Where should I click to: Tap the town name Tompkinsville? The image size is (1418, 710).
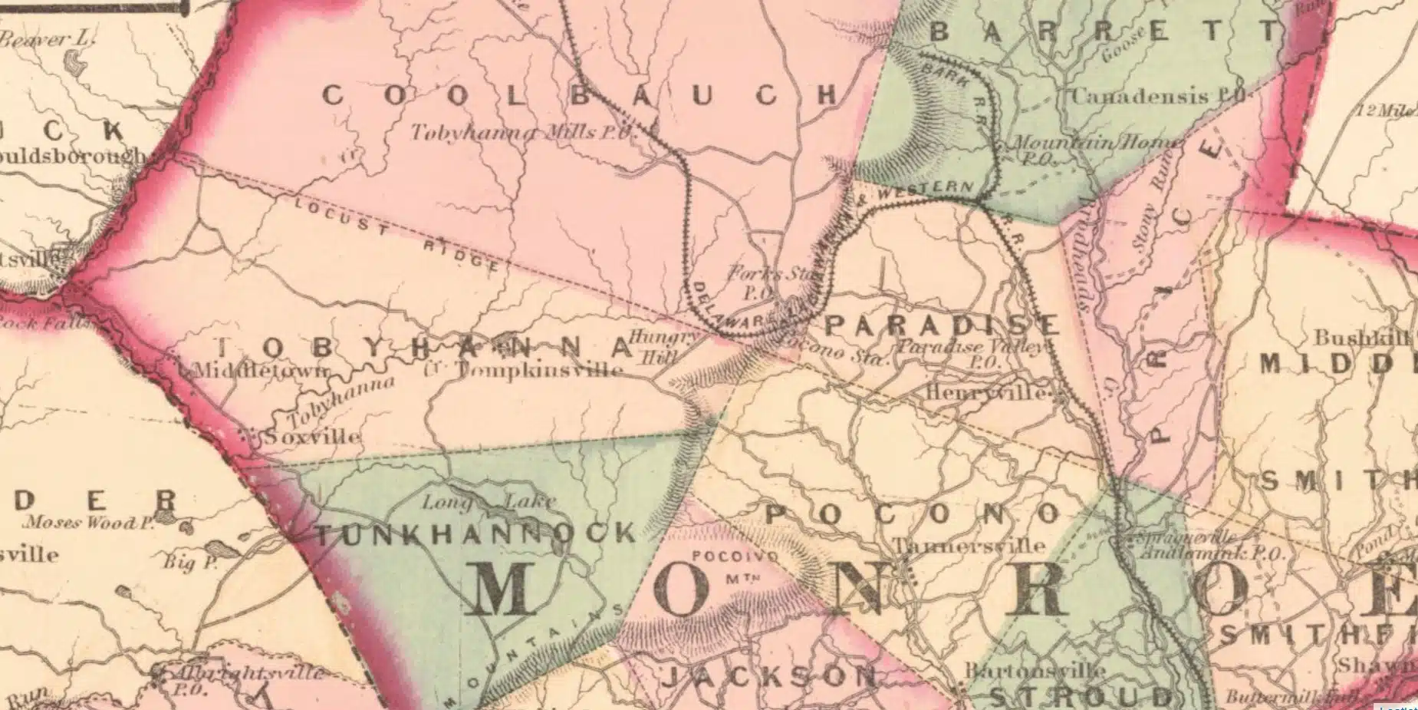[x=538, y=370]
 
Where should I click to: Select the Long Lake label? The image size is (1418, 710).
[x=489, y=502]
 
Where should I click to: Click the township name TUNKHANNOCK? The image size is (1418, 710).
[x=475, y=534]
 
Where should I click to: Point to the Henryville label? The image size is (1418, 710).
[x=985, y=392]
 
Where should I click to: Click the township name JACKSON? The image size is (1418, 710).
[x=768, y=676]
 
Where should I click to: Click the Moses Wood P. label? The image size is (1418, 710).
[x=90, y=523]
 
